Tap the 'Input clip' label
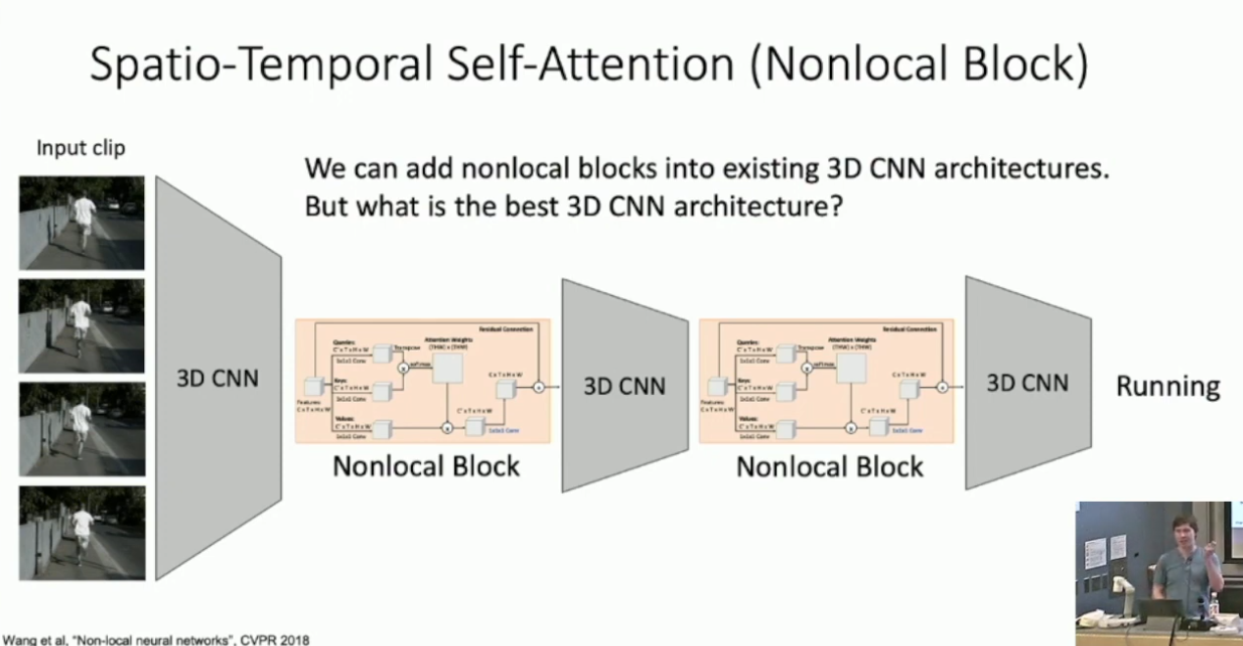80,149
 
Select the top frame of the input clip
81,223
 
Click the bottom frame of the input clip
81,532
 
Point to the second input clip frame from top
81,325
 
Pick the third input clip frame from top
81,429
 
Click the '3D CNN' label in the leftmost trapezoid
218,378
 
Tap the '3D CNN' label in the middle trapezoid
624,385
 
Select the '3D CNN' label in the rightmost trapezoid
1027,383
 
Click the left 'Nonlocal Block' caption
426,466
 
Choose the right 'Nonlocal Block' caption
830,466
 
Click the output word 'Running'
1167,386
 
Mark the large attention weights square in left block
448,367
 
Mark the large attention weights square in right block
852,367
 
